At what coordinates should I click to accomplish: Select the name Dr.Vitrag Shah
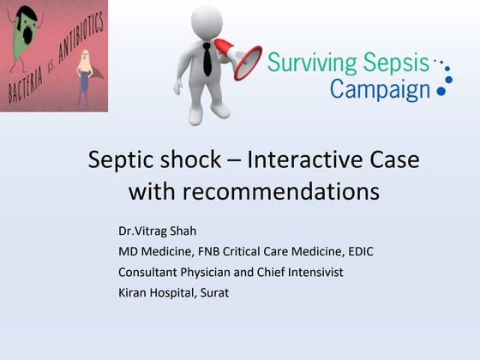159,231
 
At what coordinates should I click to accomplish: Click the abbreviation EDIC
357,251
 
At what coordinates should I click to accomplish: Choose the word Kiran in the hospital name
134,292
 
